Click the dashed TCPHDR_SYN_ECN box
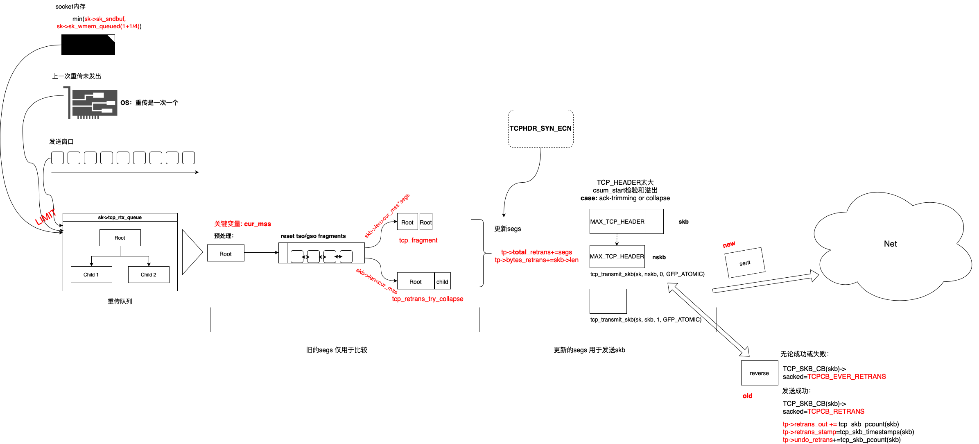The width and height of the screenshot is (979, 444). [x=540, y=129]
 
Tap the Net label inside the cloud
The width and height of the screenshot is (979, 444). [x=890, y=244]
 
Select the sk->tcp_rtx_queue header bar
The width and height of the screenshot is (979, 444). [x=120, y=217]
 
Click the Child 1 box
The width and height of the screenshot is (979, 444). [x=91, y=274]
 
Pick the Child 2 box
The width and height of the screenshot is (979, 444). [x=149, y=274]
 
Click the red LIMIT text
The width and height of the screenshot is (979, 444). [x=45, y=217]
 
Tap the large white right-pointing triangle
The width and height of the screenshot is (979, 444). [x=191, y=252]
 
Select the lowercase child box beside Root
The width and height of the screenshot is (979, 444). [x=442, y=281]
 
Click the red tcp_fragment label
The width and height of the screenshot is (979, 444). [x=418, y=240]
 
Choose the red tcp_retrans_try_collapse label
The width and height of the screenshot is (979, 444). [x=427, y=299]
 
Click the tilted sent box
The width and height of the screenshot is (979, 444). [x=745, y=263]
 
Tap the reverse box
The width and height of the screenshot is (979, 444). [x=760, y=373]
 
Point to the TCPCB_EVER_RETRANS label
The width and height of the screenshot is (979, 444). [x=846, y=376]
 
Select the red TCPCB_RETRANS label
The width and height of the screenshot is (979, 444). [x=836, y=411]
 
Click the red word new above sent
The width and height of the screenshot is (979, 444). [x=729, y=245]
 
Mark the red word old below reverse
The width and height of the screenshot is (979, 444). [x=747, y=396]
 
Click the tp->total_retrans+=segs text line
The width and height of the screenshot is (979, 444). [x=536, y=252]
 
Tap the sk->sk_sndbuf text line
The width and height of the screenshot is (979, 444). [x=105, y=19]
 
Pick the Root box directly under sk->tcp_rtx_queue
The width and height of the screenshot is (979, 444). [x=120, y=238]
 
